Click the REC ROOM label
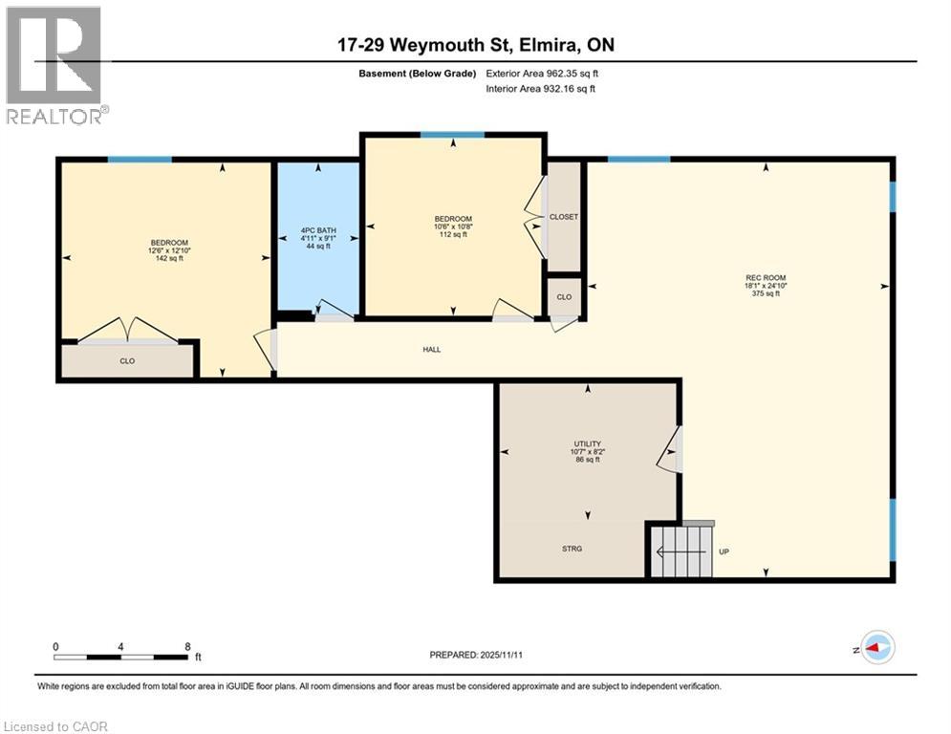click(x=766, y=285)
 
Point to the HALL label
click(x=432, y=350)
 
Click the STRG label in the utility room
click(x=572, y=549)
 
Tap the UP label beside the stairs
click(x=724, y=551)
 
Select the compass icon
click(x=876, y=648)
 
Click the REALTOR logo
click(x=56, y=65)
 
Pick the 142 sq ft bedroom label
click(x=168, y=249)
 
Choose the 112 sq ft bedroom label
click(x=453, y=227)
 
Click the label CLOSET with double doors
click(x=564, y=217)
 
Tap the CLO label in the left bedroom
click(x=127, y=361)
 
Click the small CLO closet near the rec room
click(x=564, y=297)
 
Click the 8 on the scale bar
click(x=185, y=647)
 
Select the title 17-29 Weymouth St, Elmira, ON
click(x=475, y=45)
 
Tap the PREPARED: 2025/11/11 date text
click(x=475, y=655)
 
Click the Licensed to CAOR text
click(x=57, y=726)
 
